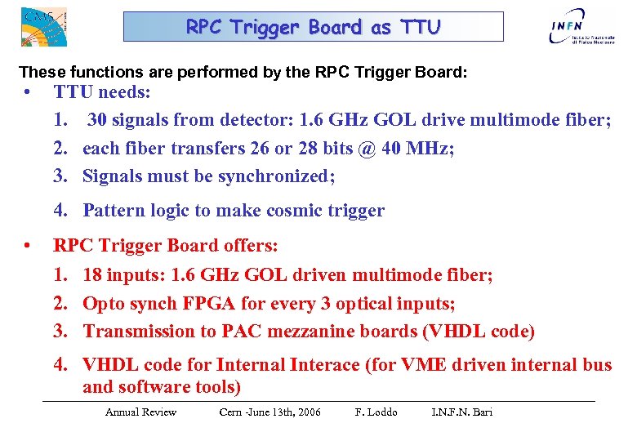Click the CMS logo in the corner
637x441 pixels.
pos(43,25)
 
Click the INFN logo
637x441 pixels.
pos(577,29)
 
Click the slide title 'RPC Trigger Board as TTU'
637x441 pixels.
pos(313,27)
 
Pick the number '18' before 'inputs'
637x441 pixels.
pos(94,275)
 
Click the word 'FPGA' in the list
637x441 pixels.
pos(206,303)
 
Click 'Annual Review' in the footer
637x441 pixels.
pos(140,412)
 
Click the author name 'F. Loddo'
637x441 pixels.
pos(376,412)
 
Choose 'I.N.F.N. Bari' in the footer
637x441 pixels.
pos(461,412)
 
